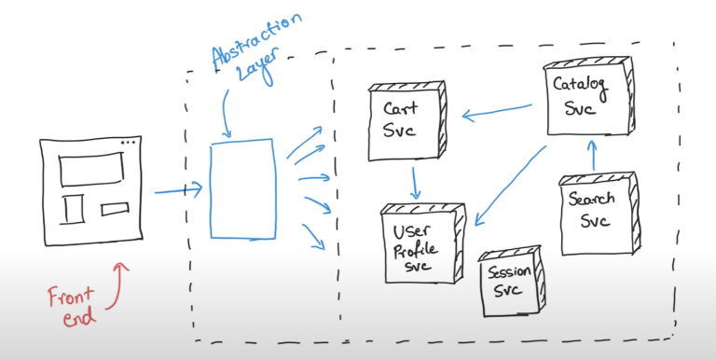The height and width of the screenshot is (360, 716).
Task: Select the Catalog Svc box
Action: coord(581,97)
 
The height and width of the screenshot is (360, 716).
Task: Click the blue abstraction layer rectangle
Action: coord(242,188)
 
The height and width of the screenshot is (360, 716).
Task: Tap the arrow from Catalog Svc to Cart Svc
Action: coord(499,111)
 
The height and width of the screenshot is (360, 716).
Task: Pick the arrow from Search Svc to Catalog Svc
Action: coord(591,157)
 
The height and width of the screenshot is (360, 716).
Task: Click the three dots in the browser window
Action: coord(128,143)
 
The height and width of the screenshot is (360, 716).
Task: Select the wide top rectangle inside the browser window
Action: coord(91,170)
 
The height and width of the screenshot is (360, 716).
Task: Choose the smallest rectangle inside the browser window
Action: coord(115,208)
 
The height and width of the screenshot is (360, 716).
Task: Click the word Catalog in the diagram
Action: coord(581,86)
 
